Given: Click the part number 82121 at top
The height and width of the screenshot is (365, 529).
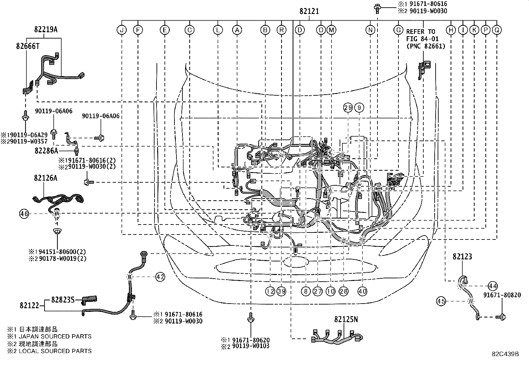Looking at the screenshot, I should (x=309, y=11).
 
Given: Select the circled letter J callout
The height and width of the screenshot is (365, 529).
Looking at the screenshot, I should (x=122, y=30).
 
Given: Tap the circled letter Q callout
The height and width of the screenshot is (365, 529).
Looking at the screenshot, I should (x=497, y=30).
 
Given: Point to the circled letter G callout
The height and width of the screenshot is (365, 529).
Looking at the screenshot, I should (x=398, y=30).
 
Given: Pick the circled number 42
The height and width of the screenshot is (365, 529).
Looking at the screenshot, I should (x=160, y=277).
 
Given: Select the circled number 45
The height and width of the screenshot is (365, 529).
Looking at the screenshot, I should (x=441, y=301).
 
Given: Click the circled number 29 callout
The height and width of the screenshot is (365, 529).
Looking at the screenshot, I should (x=348, y=107).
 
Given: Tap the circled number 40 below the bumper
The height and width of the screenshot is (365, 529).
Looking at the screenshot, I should (x=362, y=291).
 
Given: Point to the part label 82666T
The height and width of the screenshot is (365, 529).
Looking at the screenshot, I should (x=28, y=46).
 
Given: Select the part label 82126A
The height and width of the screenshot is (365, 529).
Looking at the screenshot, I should (x=45, y=178).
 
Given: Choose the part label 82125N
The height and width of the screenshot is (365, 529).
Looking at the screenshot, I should (x=346, y=319).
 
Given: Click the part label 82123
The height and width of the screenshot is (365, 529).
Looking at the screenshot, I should (x=462, y=256).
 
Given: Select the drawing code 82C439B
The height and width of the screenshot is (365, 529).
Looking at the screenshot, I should (x=505, y=354).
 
